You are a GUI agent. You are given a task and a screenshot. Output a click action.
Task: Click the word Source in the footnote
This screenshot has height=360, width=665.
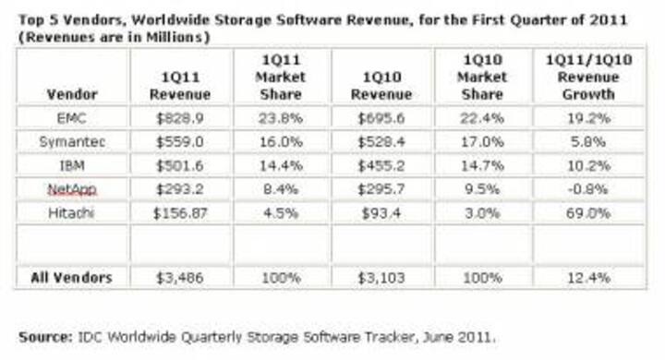pyautogui.click(x=42, y=334)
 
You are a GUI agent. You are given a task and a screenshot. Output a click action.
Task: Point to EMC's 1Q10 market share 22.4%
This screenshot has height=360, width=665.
pyautogui.click(x=481, y=118)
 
